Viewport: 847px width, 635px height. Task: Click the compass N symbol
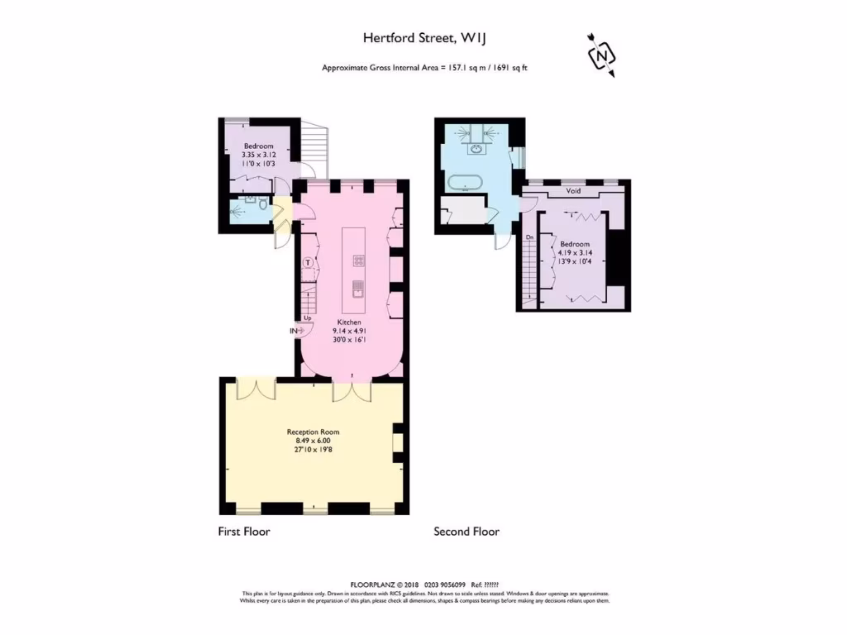coord(601,55)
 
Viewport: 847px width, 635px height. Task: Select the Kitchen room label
coord(349,322)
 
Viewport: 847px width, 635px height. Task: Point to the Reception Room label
coord(313,432)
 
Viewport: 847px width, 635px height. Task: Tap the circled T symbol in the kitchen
coord(309,263)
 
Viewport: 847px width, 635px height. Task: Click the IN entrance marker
coord(294,331)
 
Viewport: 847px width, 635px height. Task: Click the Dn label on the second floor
coord(529,238)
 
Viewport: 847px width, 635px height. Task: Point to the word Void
coord(573,191)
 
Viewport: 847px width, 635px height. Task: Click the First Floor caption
coord(244,532)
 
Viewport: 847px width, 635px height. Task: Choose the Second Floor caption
coord(467,532)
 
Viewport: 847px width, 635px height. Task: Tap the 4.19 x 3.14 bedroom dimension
coord(575,254)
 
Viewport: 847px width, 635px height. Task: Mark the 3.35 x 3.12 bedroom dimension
coord(257,155)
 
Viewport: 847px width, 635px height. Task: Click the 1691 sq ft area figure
coord(509,68)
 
